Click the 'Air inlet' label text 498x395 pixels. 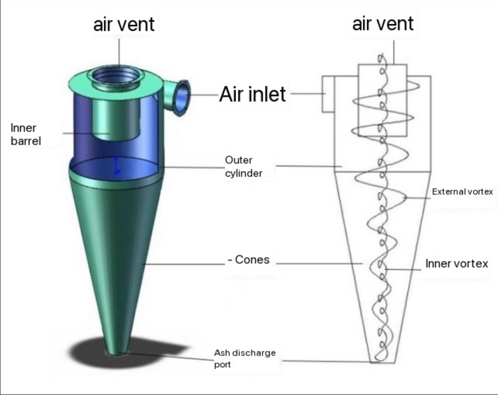tap(253, 94)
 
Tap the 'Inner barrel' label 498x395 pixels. tap(25, 134)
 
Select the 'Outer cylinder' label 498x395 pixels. tap(243, 166)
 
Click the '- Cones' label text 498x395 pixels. tap(248, 260)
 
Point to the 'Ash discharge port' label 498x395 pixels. tap(244, 358)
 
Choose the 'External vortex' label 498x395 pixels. tap(462, 192)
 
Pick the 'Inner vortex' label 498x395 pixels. tap(457, 263)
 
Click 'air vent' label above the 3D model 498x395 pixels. tap(123, 24)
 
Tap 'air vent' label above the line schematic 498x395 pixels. tap(383, 23)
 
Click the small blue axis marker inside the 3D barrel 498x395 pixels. tap(118, 165)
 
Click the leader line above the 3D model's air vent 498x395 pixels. tap(119, 52)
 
